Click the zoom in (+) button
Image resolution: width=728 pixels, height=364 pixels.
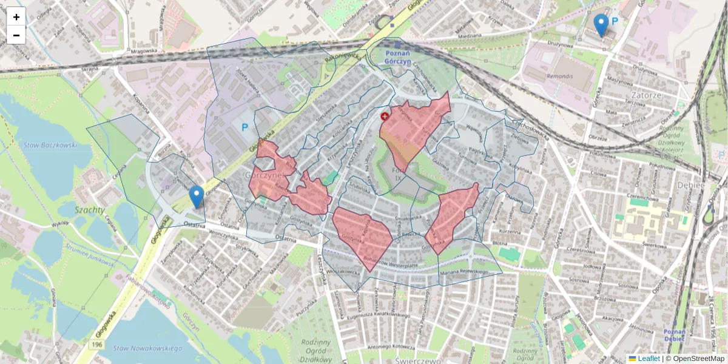click(16, 17)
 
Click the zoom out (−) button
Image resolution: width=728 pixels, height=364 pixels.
click(16, 35)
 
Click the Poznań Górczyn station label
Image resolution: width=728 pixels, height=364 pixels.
click(407, 57)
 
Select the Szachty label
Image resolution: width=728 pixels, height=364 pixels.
click(90, 211)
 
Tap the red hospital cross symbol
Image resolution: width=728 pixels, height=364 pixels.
click(385, 116)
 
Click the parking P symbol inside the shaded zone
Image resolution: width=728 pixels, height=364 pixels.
click(245, 128)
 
